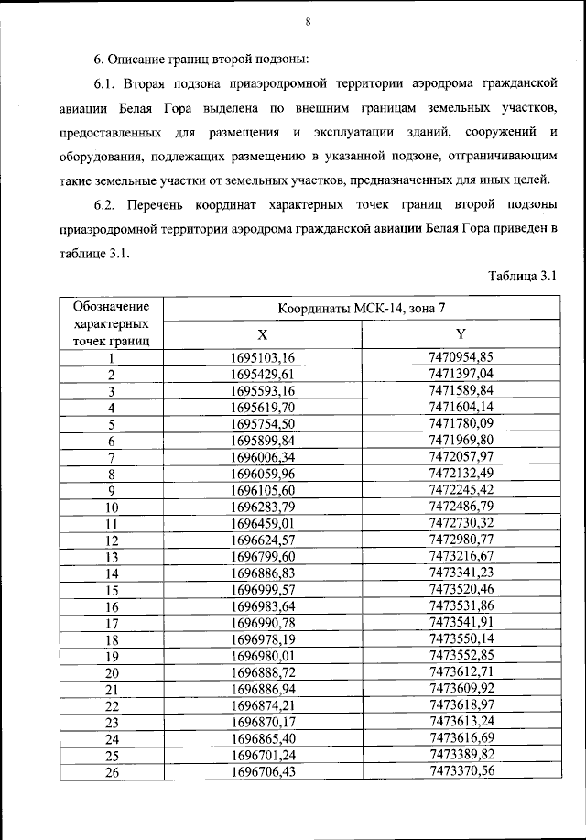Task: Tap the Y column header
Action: tap(461, 335)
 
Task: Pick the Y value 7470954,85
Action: tap(461, 358)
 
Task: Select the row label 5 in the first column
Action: tap(112, 424)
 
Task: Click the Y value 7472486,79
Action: tap(461, 507)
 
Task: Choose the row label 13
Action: tap(112, 556)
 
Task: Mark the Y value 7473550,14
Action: tap(461, 638)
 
